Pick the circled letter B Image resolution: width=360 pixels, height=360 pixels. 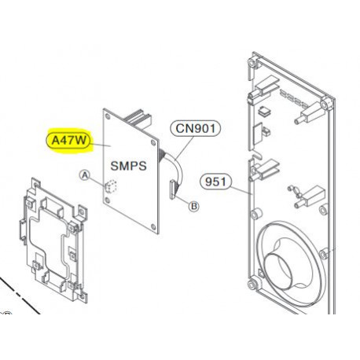tap(193, 207)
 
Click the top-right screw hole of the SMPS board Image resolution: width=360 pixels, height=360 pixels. tap(153, 143)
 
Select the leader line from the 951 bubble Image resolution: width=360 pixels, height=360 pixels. tap(242, 188)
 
